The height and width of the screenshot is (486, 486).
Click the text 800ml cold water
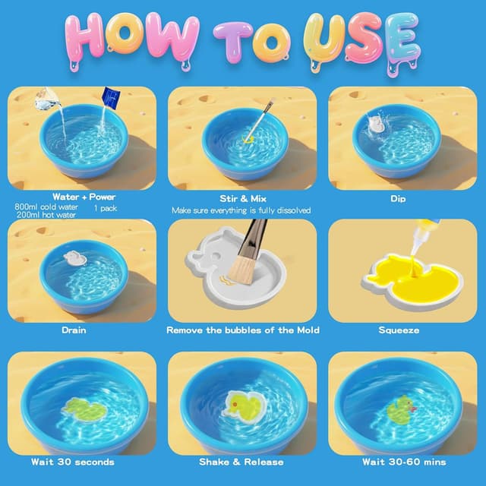point(46,207)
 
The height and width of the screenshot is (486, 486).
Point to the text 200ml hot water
point(46,216)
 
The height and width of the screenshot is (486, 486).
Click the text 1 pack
point(106,207)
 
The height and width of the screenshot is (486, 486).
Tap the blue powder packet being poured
point(112,96)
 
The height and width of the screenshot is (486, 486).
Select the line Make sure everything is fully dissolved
point(241,210)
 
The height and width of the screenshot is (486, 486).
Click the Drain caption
point(74,330)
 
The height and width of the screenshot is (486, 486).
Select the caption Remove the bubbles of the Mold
point(243,330)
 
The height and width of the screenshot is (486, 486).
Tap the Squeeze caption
point(399,330)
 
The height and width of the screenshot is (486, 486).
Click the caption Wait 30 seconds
point(73,462)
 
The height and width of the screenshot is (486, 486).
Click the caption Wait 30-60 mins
point(404,462)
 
